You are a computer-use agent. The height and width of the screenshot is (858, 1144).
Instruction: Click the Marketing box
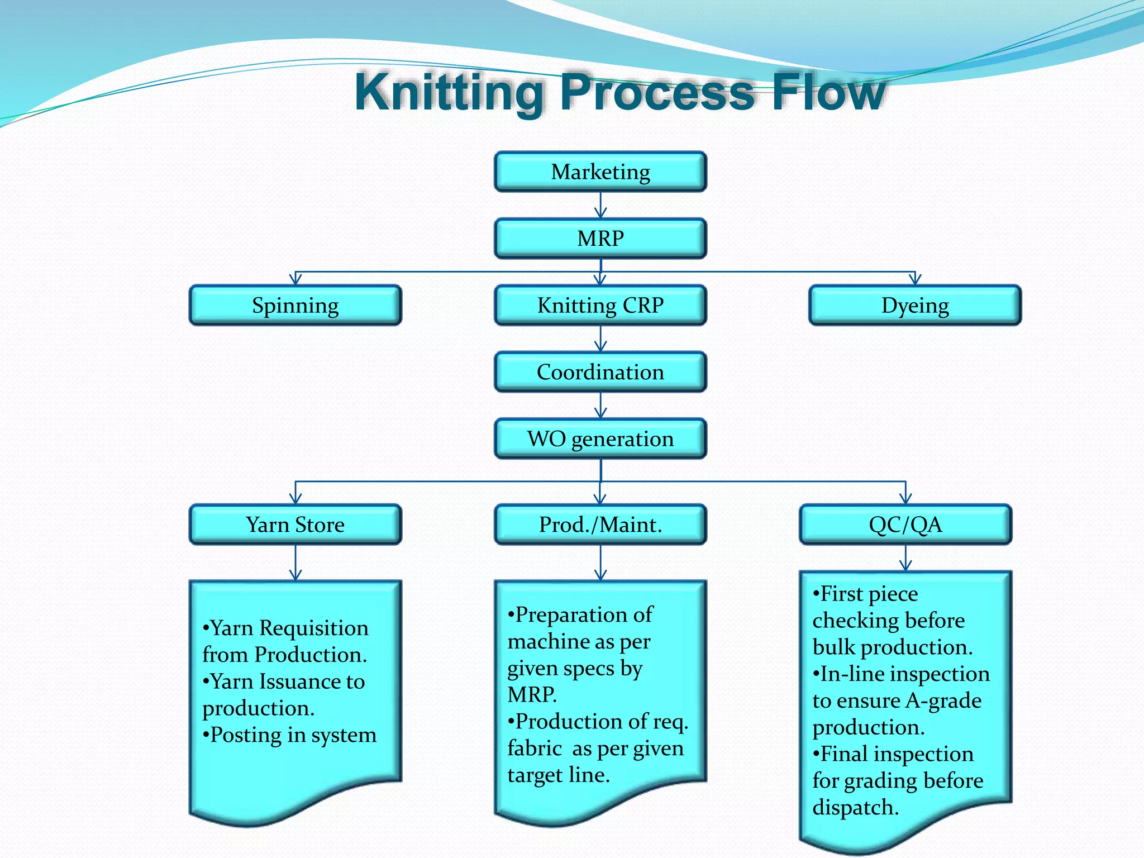(x=600, y=171)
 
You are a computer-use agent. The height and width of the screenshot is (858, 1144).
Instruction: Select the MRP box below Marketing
(x=600, y=239)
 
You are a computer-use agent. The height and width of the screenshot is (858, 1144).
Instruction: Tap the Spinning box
(x=295, y=306)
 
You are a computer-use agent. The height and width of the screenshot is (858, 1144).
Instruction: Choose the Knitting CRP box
(x=600, y=306)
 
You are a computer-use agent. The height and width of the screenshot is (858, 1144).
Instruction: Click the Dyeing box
(x=915, y=306)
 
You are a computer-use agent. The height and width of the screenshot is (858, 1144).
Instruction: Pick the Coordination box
(x=600, y=372)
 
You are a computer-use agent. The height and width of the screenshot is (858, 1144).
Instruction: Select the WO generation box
(x=600, y=439)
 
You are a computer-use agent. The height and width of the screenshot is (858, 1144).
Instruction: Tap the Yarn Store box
(x=295, y=525)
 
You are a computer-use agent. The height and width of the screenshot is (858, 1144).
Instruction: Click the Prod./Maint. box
(x=600, y=525)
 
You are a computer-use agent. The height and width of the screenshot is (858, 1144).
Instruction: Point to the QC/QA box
(x=905, y=525)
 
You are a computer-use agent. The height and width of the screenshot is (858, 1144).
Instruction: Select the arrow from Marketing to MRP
(x=600, y=206)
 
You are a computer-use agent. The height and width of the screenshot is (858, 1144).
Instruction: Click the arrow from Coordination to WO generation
(x=600, y=406)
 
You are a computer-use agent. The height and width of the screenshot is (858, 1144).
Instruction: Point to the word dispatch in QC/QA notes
(x=855, y=808)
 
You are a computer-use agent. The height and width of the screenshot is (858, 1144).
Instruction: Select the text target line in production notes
(x=559, y=775)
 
